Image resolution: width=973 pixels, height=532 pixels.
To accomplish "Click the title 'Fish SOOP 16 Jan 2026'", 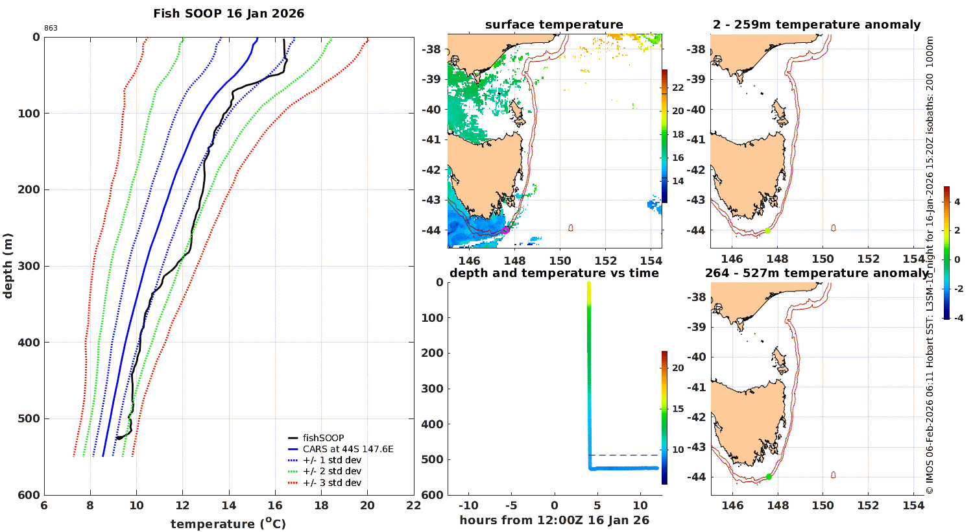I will tap(228, 13).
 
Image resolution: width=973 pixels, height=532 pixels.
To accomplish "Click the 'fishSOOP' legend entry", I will tap(323, 438).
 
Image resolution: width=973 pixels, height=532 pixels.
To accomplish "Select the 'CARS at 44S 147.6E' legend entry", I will tap(348, 449).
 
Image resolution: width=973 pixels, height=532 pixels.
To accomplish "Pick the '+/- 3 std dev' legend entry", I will tap(331, 483).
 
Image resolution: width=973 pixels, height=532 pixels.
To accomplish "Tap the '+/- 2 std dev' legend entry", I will tap(331, 471).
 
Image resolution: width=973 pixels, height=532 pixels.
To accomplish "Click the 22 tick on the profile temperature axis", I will tap(414, 506).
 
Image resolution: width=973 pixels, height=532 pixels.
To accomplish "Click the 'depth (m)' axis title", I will tap(8, 265).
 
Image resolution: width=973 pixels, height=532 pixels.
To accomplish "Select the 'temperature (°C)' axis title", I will tap(228, 524).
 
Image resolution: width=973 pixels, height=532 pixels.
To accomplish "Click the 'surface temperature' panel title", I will tap(554, 25).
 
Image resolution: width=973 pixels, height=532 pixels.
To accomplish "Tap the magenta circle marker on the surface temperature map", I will tap(505, 230).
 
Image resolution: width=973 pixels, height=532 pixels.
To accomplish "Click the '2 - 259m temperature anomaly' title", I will tap(816, 25).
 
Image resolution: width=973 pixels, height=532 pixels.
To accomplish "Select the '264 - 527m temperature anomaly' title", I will tap(816, 273).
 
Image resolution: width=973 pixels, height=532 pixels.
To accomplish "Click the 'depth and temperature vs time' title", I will tap(554, 273).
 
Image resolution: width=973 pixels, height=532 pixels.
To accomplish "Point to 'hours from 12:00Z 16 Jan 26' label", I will tap(554, 520).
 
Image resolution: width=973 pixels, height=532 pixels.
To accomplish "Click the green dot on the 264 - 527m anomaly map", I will tap(769, 477).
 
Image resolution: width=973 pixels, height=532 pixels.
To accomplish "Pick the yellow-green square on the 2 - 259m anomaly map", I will tap(768, 230).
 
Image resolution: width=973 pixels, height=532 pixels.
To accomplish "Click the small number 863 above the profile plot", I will tap(51, 29).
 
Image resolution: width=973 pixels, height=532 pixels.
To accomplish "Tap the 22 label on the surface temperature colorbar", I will tap(678, 88).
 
